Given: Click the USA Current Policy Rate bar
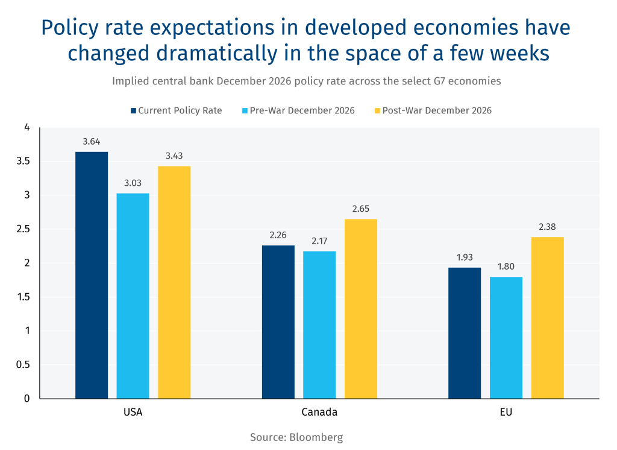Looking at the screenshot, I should click(92, 275).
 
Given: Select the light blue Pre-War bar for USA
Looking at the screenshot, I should click(133, 296).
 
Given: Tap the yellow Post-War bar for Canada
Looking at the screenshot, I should click(360, 308).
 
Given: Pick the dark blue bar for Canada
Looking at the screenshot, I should click(278, 322).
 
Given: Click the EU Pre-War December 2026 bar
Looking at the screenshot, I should click(506, 337).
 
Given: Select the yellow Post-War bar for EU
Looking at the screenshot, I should click(547, 317).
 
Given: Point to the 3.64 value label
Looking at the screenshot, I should click(92, 142).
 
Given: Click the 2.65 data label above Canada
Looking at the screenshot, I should click(360, 209).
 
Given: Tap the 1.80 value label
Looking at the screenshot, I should click(506, 267).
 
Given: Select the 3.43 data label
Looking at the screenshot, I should click(174, 156).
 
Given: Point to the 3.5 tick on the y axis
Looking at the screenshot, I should click(22, 161).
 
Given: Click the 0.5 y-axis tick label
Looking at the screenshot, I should click(22, 364).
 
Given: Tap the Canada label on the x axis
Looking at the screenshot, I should click(319, 413).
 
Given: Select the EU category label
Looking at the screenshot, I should click(506, 413).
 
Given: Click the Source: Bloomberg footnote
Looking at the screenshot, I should click(296, 437).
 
